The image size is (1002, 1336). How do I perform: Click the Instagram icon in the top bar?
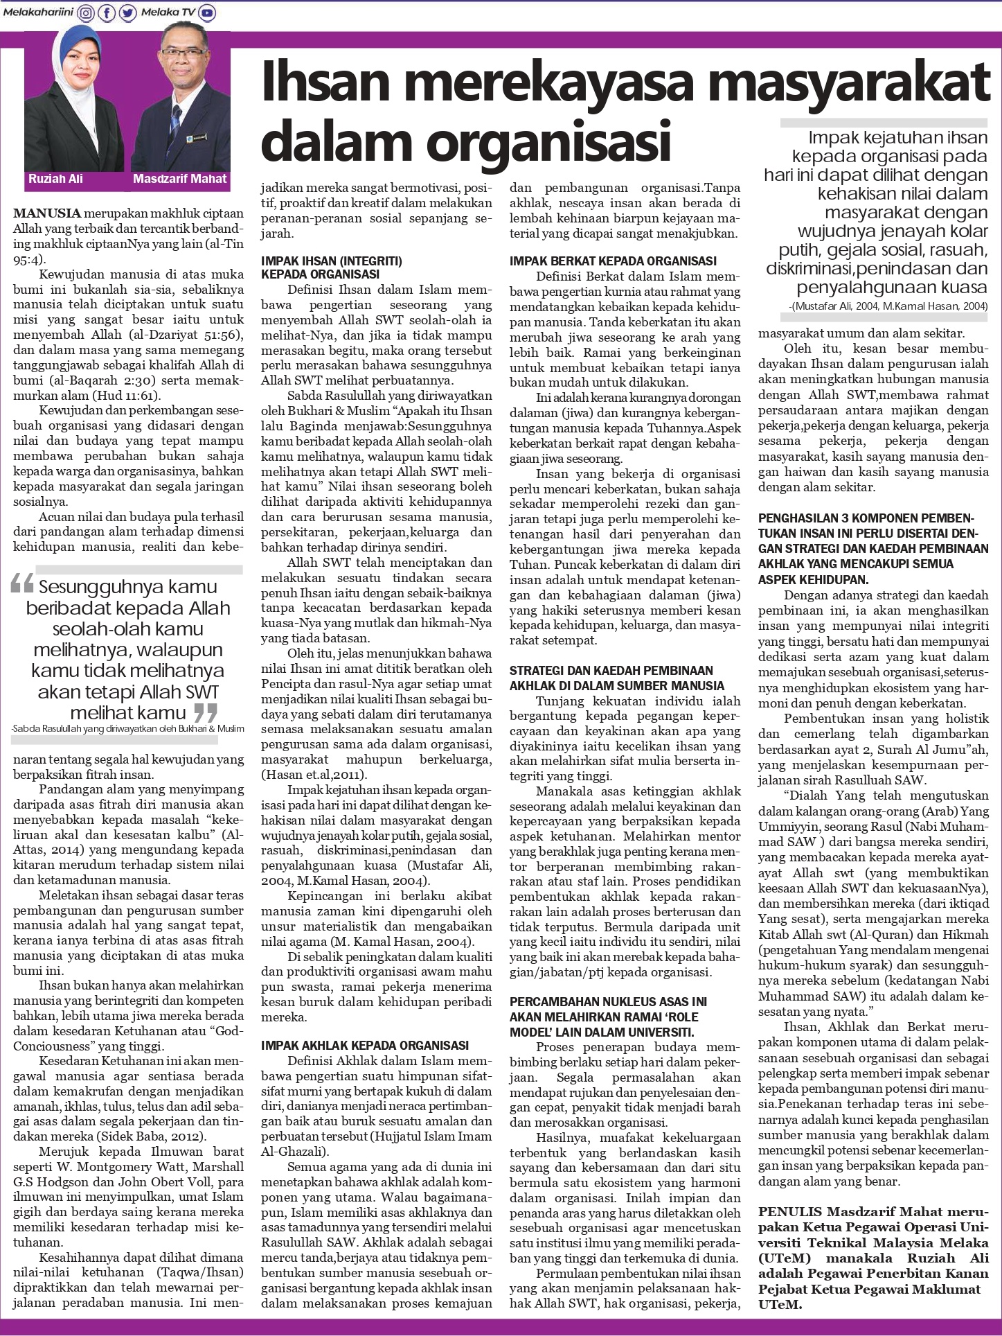point(87,12)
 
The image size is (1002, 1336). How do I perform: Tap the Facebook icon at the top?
point(107,12)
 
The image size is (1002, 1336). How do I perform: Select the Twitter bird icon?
point(127,12)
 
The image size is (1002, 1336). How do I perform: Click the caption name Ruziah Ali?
point(55,179)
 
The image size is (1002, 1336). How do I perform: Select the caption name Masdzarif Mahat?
point(180,179)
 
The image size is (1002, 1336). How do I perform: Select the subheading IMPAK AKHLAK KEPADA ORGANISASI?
point(365,1045)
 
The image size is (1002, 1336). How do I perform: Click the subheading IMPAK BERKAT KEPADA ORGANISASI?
point(613,261)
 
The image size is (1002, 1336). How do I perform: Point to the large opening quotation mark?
point(23,586)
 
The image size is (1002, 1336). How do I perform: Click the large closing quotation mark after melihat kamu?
point(205,712)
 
